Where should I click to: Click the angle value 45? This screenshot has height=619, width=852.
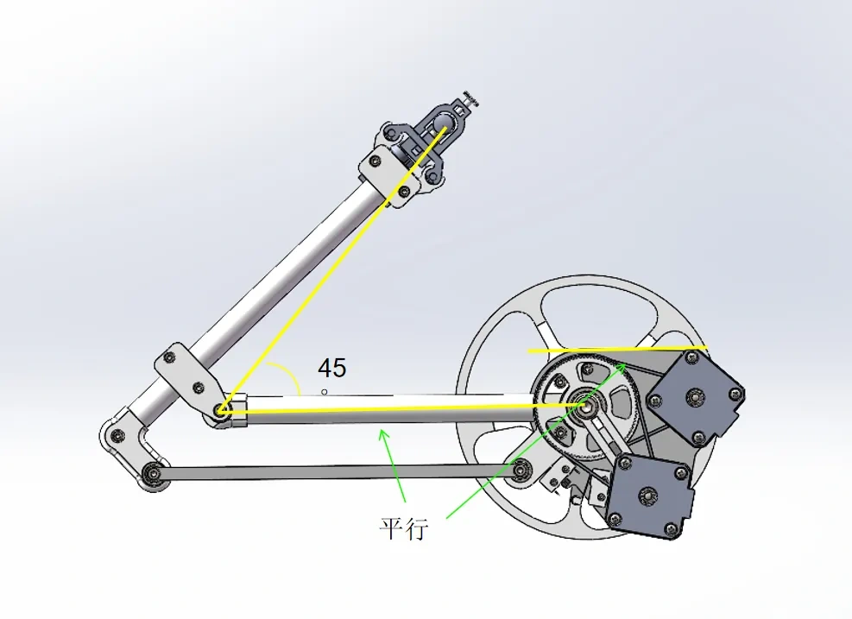tap(332, 369)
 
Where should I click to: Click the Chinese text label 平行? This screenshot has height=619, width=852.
tap(403, 527)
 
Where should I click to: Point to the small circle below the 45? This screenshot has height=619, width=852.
tap(325, 392)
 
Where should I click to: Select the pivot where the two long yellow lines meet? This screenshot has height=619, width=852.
tap(223, 412)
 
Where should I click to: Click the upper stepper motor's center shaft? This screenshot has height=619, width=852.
tap(695, 396)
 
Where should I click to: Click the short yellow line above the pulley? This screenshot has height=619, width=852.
tap(617, 350)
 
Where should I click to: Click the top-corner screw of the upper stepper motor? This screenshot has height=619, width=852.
tap(692, 356)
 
